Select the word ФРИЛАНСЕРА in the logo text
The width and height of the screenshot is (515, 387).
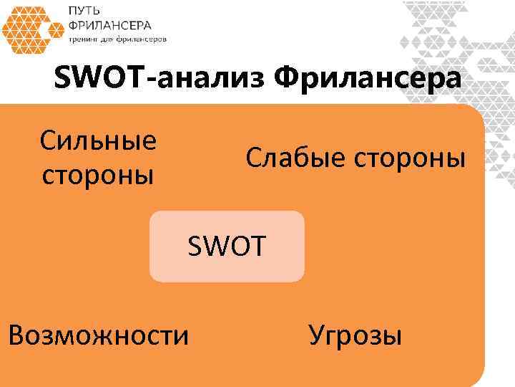coord(109,26)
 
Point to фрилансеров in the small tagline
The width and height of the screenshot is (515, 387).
coord(143,39)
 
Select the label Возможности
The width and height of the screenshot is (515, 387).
coord(99,334)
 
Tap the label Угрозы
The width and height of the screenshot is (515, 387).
coord(355,334)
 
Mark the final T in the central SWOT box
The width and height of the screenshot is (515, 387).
coord(258,247)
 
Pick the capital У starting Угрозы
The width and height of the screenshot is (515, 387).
coord(315,334)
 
